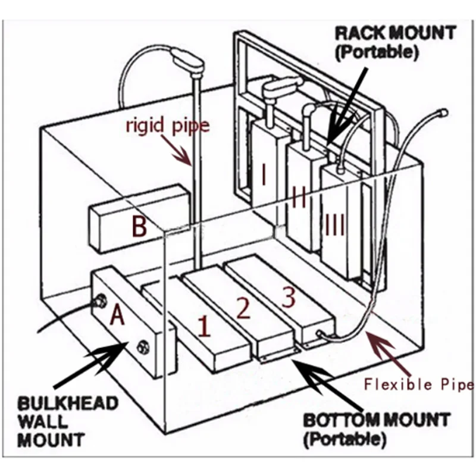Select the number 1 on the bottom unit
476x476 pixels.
(x=204, y=326)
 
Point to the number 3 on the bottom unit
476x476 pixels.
(x=289, y=298)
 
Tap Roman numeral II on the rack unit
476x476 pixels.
(x=299, y=198)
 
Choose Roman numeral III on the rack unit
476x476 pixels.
(x=335, y=225)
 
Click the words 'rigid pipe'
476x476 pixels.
(x=168, y=126)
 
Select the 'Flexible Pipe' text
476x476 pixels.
(x=419, y=384)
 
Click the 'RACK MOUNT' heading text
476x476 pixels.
(x=396, y=33)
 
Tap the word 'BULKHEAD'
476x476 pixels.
(x=68, y=404)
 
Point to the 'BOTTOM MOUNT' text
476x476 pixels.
(x=377, y=420)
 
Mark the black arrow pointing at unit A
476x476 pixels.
(x=91, y=364)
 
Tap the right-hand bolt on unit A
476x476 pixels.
(x=143, y=347)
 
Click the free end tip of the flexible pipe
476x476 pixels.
(x=443, y=112)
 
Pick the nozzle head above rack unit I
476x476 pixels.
(x=281, y=86)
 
